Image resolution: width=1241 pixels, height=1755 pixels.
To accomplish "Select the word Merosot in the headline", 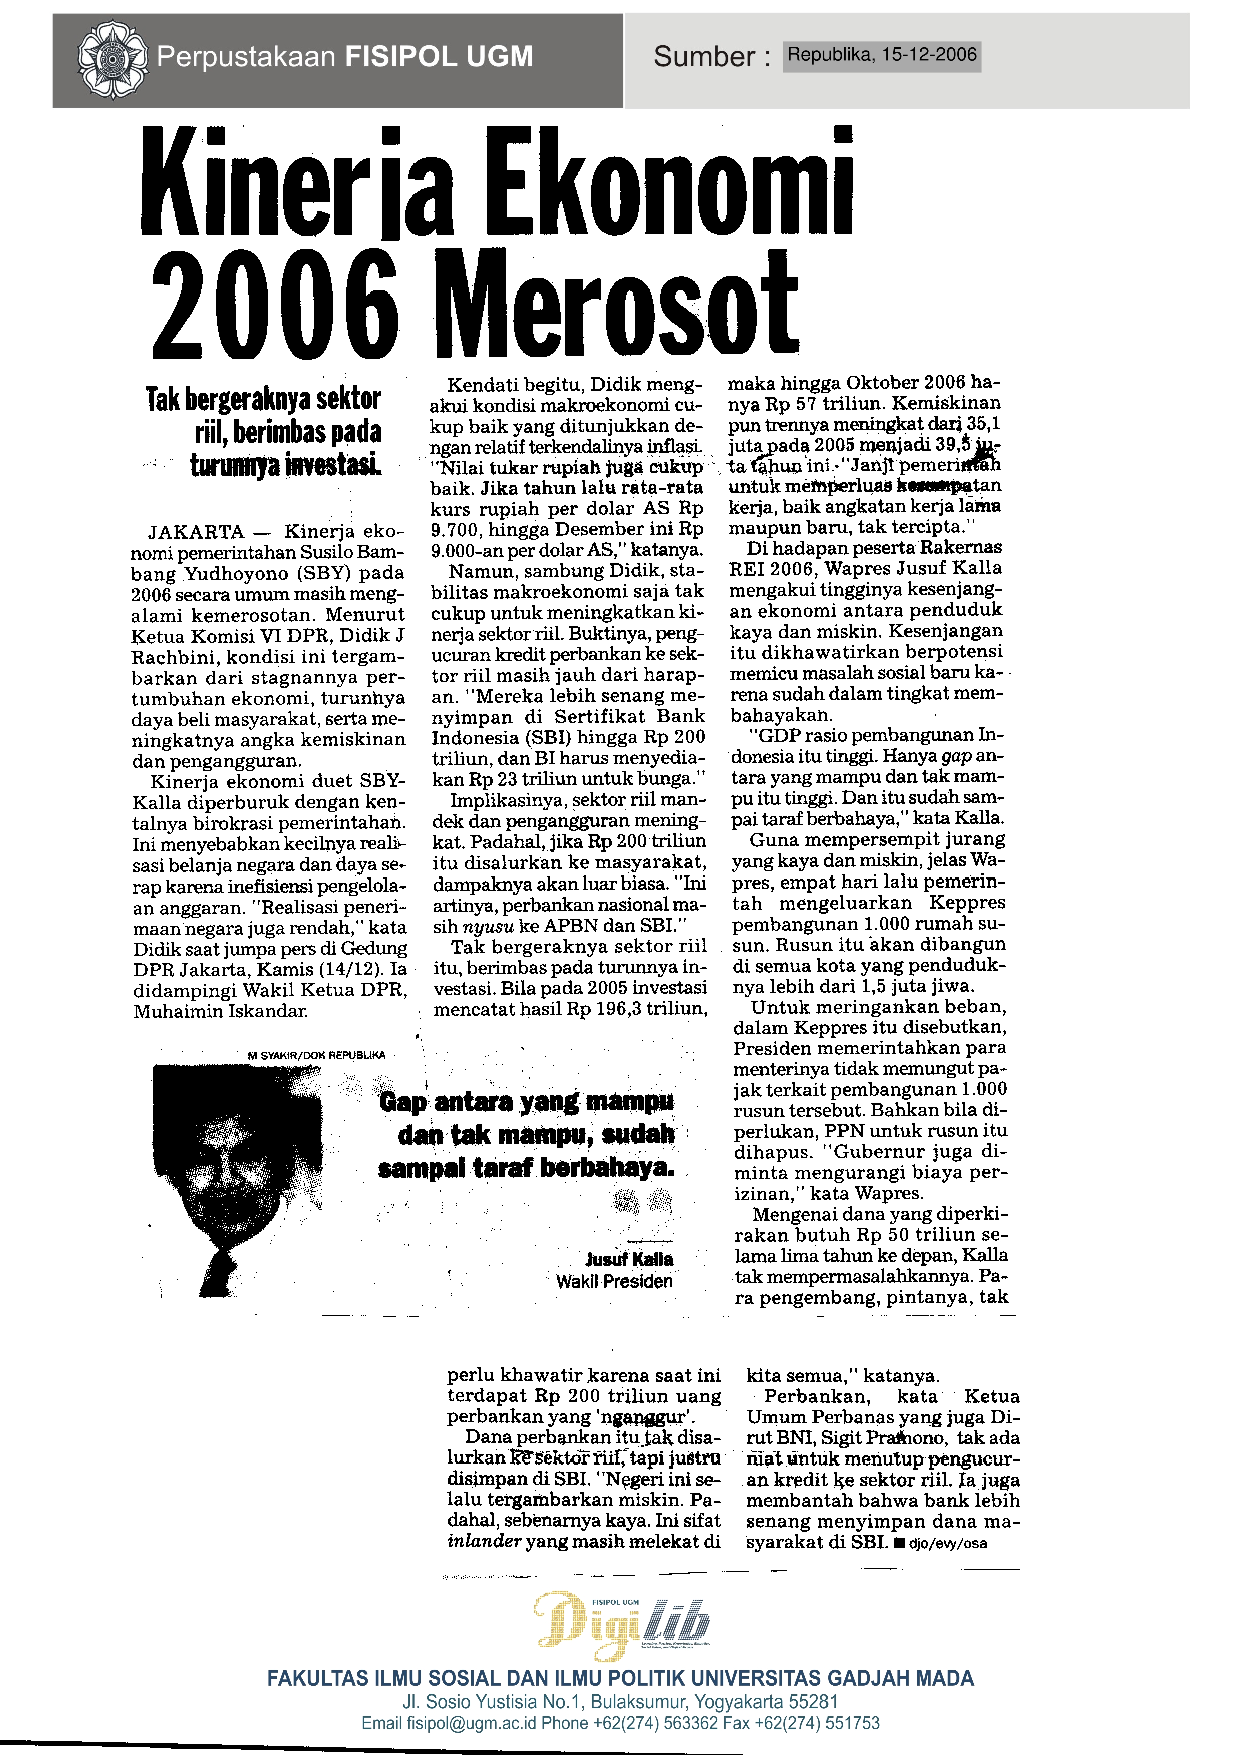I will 616,306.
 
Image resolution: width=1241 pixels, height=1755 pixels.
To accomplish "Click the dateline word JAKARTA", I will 196,532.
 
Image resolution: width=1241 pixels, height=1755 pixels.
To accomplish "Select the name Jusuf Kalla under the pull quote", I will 629,1260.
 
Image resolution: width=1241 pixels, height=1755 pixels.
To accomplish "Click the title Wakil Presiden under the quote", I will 614,1282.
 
